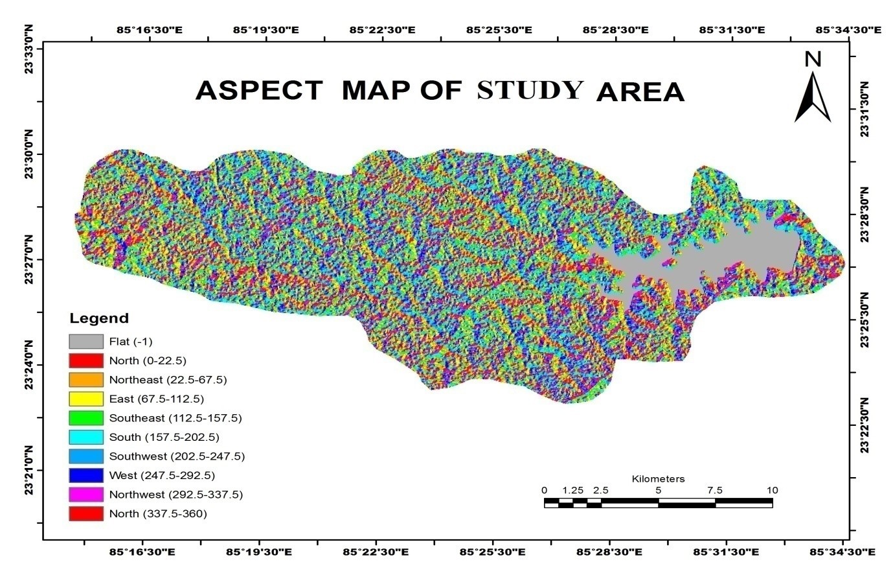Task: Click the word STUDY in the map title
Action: point(530,90)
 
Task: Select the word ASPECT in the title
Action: point(258,91)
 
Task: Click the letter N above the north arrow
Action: point(813,60)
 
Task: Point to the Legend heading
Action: point(99,318)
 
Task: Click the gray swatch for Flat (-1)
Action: point(86,342)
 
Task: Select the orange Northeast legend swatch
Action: point(86,380)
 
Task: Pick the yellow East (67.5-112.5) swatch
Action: point(86,399)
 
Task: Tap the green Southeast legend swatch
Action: point(86,418)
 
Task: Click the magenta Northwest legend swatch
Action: point(86,495)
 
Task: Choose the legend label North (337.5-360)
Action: point(157,514)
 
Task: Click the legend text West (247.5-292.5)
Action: point(161,476)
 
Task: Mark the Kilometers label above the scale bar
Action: point(658,479)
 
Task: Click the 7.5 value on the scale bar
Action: point(715,490)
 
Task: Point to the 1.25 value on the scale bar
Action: point(573,490)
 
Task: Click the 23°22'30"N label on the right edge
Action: point(865,425)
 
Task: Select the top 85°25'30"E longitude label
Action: point(499,30)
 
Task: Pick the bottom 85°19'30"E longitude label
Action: point(259,552)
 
